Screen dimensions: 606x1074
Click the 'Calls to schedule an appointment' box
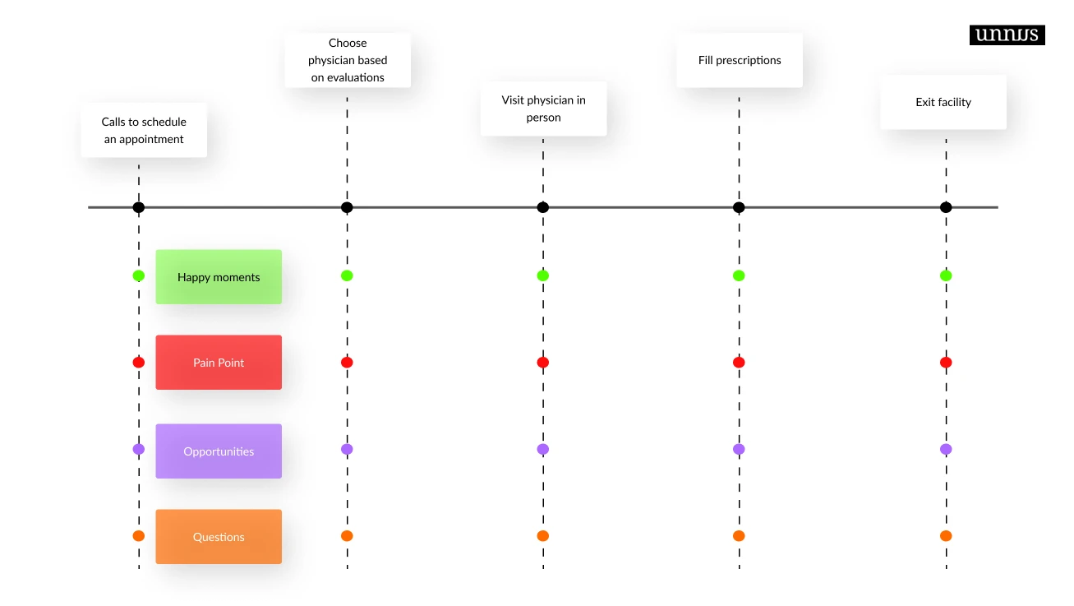144,130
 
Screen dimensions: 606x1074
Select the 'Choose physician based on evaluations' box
348,60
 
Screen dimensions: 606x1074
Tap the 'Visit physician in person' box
543,109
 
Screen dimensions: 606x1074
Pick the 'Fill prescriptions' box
740,60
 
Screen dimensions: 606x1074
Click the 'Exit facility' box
943,102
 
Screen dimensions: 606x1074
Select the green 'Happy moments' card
219,277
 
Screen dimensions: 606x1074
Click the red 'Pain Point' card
219,363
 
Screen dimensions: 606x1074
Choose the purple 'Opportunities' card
219,451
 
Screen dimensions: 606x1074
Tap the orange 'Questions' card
219,537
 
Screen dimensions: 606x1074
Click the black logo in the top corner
1007,35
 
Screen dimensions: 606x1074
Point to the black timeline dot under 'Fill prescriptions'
739,207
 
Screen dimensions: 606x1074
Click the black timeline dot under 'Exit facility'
946,207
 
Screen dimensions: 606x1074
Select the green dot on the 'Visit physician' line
542,275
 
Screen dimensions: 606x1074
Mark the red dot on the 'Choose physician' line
347,362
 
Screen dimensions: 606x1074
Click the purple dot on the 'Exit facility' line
946,449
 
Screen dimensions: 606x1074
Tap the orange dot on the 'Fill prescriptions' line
739,535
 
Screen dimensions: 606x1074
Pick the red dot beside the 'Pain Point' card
139,362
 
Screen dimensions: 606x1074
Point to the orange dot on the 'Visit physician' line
542,535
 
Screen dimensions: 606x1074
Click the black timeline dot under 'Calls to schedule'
139,207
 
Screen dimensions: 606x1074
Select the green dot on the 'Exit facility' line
946,275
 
